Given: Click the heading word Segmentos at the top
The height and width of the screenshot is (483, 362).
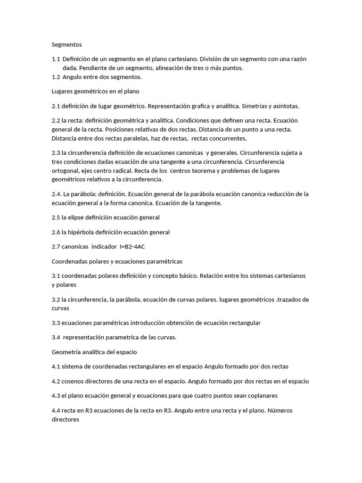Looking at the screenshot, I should pos(66,45).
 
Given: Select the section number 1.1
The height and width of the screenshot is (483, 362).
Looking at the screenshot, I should pos(56,59).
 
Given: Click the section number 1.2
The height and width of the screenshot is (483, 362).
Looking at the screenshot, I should pos(56,77).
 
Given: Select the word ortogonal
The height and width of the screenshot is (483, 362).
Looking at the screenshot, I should pos(66,171).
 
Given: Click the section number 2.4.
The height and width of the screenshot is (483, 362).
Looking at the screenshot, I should pos(57,194).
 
